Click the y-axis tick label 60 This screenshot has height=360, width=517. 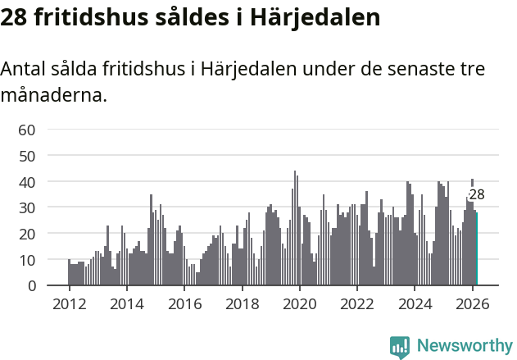(x=27, y=130)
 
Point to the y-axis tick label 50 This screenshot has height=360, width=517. (x=27, y=156)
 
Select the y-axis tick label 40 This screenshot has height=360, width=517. (x=27, y=181)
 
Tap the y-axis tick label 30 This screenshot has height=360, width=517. (x=27, y=207)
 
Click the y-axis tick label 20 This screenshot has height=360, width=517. (x=27, y=234)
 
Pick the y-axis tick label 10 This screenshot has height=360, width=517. (x=27, y=260)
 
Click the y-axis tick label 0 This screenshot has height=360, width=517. (x=31, y=286)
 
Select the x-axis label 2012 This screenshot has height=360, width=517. (x=69, y=303)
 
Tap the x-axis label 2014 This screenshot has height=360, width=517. (x=126, y=303)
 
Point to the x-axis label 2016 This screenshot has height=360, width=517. (x=184, y=303)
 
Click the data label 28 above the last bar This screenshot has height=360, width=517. (x=477, y=195)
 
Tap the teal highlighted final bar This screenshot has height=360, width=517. (x=476, y=249)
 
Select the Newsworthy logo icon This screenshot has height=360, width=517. (x=400, y=346)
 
